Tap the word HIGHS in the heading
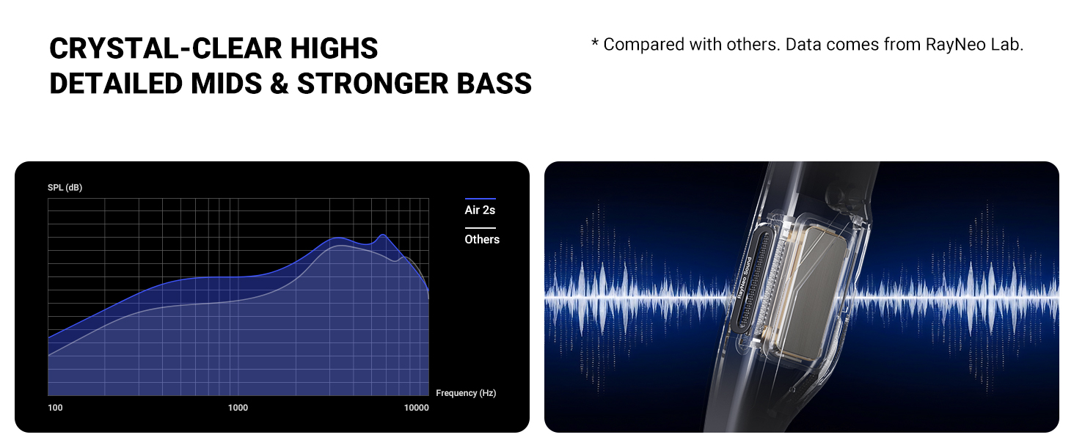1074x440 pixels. (x=335, y=48)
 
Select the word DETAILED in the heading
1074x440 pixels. (x=116, y=84)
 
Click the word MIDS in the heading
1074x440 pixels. (x=226, y=84)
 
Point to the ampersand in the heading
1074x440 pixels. (x=280, y=84)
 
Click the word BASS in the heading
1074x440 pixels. (x=494, y=84)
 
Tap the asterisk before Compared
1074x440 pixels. (x=595, y=43)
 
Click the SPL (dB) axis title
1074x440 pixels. (x=65, y=188)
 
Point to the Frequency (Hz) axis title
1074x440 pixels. (x=466, y=393)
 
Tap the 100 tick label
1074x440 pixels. (x=55, y=408)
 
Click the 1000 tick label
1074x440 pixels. (x=238, y=408)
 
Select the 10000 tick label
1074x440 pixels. (x=416, y=408)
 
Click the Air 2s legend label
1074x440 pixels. (x=480, y=210)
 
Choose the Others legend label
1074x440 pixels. (x=482, y=239)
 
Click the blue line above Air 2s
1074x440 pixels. (x=481, y=199)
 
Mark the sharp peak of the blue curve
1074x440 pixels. (x=383, y=235)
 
